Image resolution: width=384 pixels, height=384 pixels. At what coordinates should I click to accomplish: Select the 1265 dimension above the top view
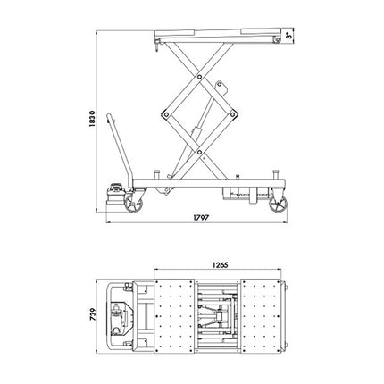coord(222,265)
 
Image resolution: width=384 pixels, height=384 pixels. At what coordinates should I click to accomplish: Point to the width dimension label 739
coord(87,318)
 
